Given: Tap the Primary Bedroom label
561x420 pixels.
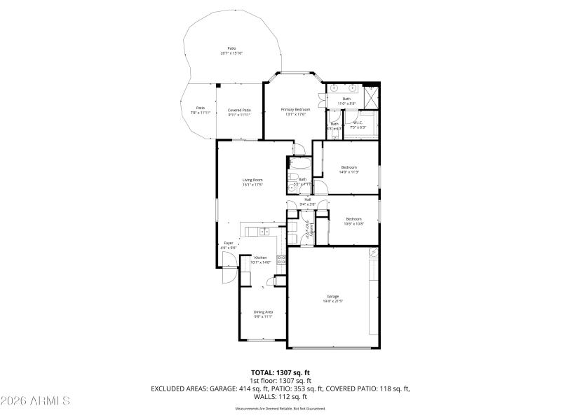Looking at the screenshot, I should click(x=295, y=112).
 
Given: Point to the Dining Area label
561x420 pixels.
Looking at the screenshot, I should click(x=263, y=314).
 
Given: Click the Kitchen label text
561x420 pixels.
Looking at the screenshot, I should click(x=261, y=260).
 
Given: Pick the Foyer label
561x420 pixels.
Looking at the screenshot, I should click(x=228, y=245).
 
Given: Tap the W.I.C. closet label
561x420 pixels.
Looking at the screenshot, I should click(x=358, y=125).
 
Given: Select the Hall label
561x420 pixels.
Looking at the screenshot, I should click(x=307, y=202).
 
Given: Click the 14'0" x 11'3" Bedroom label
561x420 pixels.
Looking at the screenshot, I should click(x=349, y=169).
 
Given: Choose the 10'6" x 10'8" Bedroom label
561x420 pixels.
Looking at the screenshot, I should click(x=353, y=221).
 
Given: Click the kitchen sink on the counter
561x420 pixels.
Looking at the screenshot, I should click(x=264, y=231).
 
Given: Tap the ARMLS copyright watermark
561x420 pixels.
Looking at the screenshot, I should click(x=35, y=401).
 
